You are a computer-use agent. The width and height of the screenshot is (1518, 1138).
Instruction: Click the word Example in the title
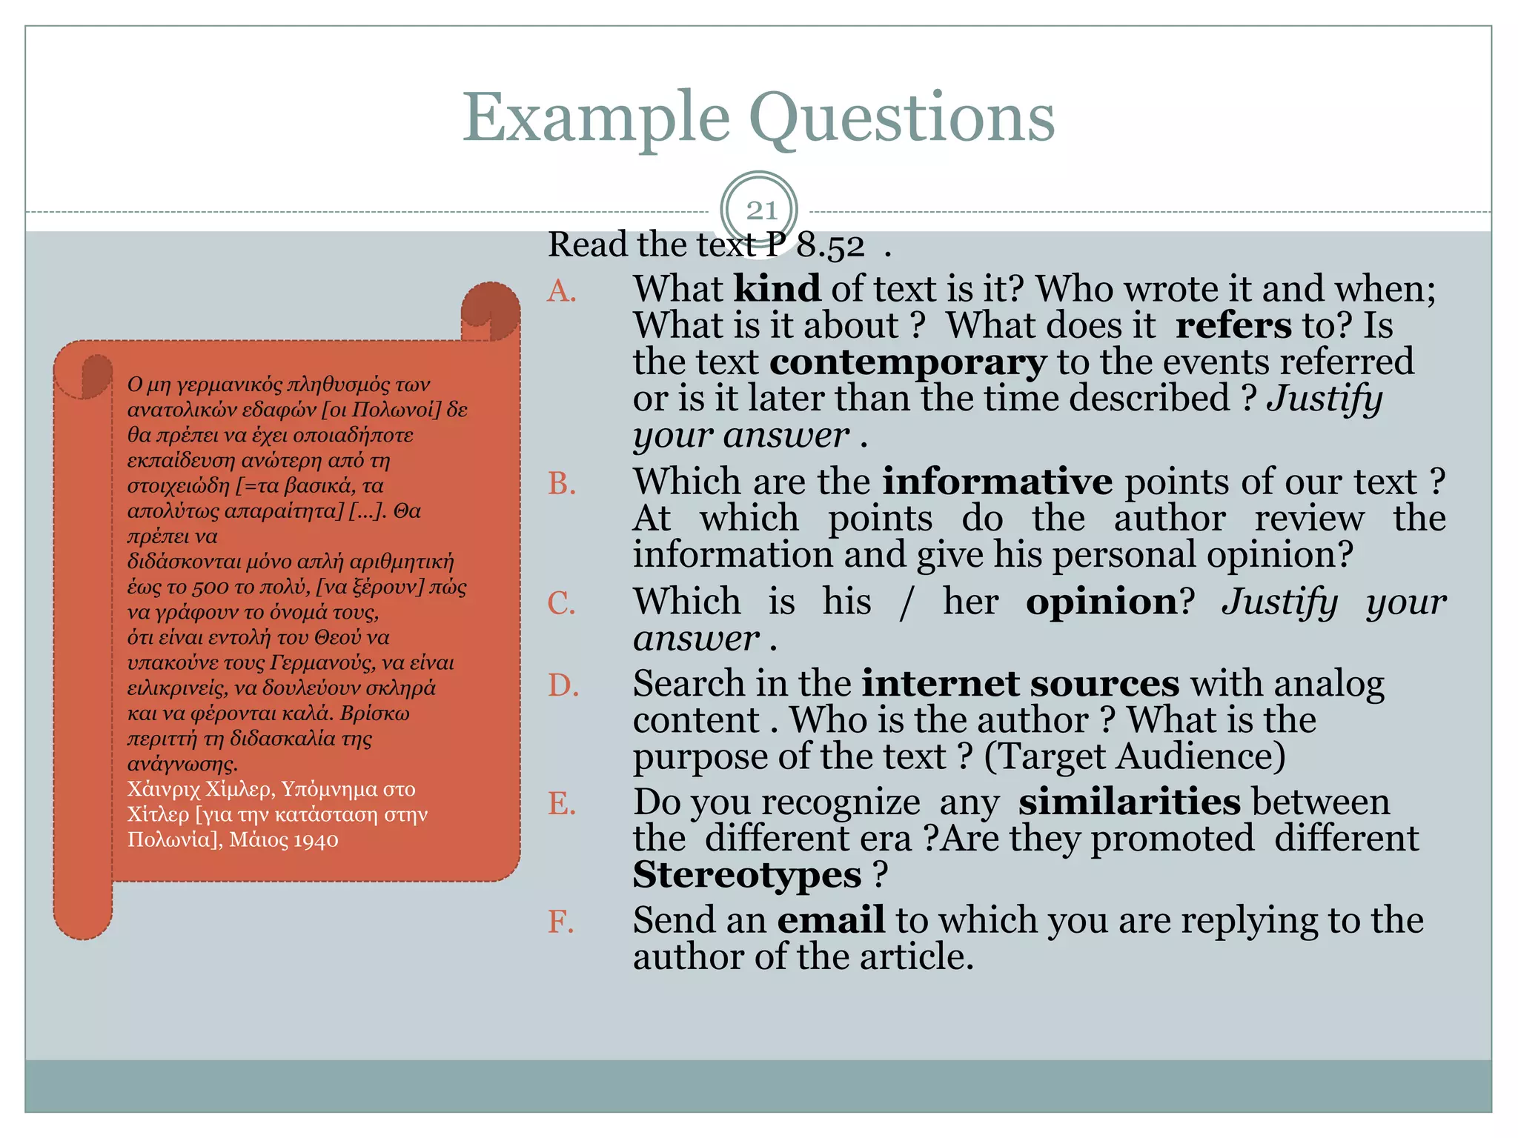pos(596,119)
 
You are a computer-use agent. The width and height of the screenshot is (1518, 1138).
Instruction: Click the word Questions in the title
pos(902,119)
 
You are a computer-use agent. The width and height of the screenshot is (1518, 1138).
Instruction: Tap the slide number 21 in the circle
pos(760,210)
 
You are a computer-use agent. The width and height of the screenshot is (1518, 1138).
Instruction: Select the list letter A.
pos(562,291)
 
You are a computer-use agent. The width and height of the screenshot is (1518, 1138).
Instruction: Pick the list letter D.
pos(563,685)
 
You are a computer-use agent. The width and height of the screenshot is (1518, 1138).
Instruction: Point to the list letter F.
pos(561,922)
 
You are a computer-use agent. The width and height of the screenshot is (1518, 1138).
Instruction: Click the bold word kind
pos(777,288)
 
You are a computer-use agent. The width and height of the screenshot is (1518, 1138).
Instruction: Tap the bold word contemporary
pos(908,362)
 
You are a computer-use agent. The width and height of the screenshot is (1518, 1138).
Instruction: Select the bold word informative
pos(997,482)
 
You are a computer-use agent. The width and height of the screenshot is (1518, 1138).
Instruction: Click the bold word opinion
pos(1101,602)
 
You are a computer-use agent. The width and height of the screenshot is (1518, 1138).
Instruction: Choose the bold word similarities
pos(1129,802)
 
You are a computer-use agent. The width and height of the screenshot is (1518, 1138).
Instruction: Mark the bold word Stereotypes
pos(746,875)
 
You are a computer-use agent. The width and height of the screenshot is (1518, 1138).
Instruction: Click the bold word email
pos(831,920)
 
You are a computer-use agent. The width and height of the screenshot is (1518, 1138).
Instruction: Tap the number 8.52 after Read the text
pos(830,246)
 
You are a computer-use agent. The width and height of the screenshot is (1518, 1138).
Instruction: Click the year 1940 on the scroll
pos(316,840)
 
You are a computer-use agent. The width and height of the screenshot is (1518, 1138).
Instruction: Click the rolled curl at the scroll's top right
pos(490,310)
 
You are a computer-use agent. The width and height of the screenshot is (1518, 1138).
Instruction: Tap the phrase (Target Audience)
pos(1134,756)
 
